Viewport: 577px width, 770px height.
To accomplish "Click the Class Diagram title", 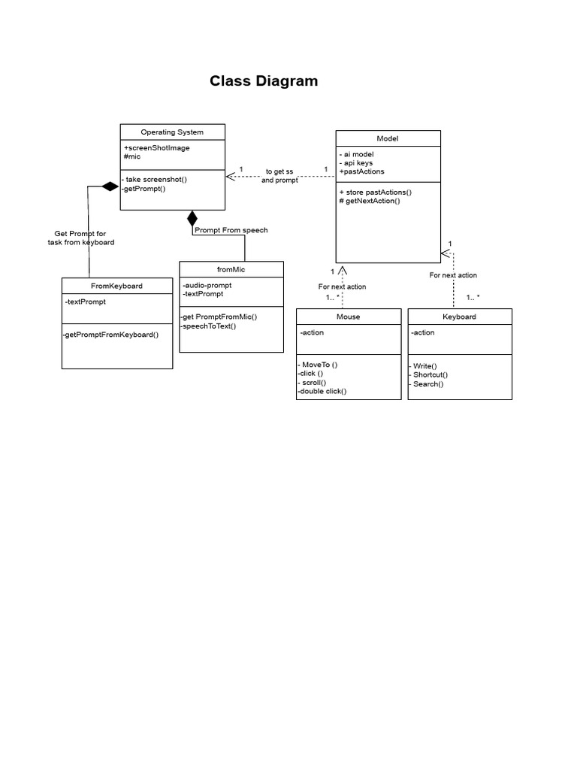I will coord(264,81).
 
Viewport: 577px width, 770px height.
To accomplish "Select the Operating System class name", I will coord(172,132).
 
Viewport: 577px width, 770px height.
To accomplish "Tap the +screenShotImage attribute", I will coord(156,147).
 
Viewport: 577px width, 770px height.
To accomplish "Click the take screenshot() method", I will coord(156,180).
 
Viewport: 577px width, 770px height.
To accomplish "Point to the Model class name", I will coord(387,138).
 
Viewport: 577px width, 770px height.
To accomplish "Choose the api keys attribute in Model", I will coord(356,162).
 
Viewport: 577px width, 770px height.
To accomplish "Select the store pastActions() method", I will coord(375,192).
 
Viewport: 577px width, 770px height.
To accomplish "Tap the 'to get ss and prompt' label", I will coord(279,176).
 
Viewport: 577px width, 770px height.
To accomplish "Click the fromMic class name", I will coord(231,269).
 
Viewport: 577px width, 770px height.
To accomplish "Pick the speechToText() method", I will coord(208,326).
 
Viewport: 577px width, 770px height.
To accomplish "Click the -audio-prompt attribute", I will coord(207,285).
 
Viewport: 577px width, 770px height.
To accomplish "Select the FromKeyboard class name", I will coord(116,286).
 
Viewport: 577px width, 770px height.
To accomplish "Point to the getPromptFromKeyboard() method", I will coord(111,335).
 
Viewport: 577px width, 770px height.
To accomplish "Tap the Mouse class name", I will coord(348,317).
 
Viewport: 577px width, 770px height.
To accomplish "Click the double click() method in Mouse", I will coord(322,391).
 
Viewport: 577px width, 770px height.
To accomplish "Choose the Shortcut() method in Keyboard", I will coord(429,374).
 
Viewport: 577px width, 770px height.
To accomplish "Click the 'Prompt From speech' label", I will coord(231,230).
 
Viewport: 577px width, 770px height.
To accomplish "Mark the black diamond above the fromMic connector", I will coord(192,219).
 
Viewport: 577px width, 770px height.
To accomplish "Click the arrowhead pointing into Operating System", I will coord(231,177).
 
